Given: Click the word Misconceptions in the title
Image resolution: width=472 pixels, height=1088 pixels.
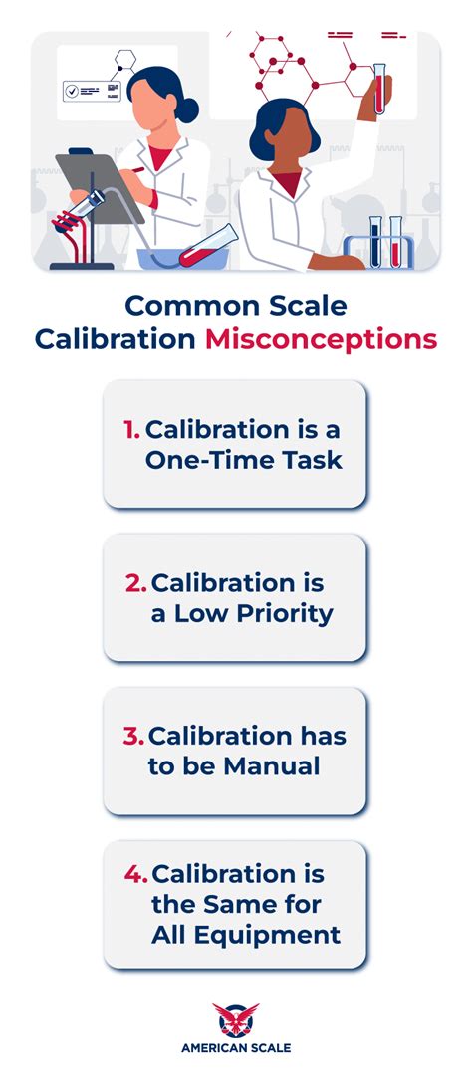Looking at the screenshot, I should coord(321,338).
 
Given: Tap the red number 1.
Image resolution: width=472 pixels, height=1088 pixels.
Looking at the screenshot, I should coord(130,431).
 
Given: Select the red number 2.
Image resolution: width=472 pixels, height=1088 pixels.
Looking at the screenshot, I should coord(136,584).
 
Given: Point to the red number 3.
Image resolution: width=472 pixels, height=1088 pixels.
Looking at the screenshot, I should coord(134,738).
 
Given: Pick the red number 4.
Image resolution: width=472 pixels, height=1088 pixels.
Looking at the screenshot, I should coord(136,875).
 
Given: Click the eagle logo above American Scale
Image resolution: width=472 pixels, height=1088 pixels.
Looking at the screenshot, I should coord(236,1019).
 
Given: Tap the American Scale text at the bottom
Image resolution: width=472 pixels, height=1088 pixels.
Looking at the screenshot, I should coord(236,1047).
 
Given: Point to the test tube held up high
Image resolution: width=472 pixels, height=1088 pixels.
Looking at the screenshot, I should coord(379,87).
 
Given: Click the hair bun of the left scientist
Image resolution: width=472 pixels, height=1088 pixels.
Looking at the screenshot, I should coord(187,109).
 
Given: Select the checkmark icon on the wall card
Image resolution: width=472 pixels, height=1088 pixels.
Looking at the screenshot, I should coord(72,91).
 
